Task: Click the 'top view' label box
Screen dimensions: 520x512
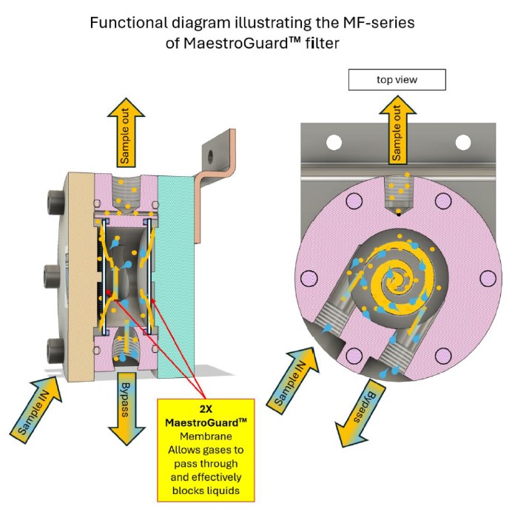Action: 397,79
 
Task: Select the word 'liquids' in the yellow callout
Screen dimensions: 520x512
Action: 207,490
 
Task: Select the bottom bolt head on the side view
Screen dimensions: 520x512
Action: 54,347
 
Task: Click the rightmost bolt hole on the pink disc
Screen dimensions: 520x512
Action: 488,278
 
